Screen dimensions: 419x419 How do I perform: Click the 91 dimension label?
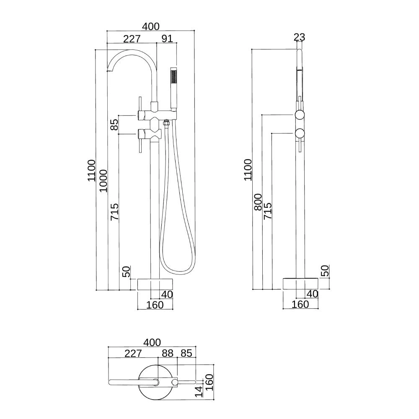click(167, 39)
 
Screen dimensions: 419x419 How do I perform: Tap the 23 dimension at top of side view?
click(299, 37)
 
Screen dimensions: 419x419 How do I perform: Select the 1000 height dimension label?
click(103, 181)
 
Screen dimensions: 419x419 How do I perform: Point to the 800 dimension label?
click(258, 202)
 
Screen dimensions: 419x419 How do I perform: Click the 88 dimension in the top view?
click(167, 353)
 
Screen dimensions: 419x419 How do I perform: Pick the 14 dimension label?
click(199, 391)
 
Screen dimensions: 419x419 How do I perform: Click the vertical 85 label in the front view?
click(114, 124)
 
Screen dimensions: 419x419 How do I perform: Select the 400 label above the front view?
click(150, 26)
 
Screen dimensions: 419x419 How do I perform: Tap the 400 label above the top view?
click(151, 343)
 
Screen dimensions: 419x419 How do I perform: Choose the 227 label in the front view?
click(132, 39)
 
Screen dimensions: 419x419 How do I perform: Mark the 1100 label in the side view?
click(248, 170)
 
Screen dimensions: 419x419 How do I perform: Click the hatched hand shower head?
click(173, 78)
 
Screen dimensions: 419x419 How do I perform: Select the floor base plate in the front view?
click(155, 284)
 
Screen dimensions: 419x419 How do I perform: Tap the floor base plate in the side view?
click(300, 284)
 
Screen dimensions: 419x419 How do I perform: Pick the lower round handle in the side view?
click(300, 134)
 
